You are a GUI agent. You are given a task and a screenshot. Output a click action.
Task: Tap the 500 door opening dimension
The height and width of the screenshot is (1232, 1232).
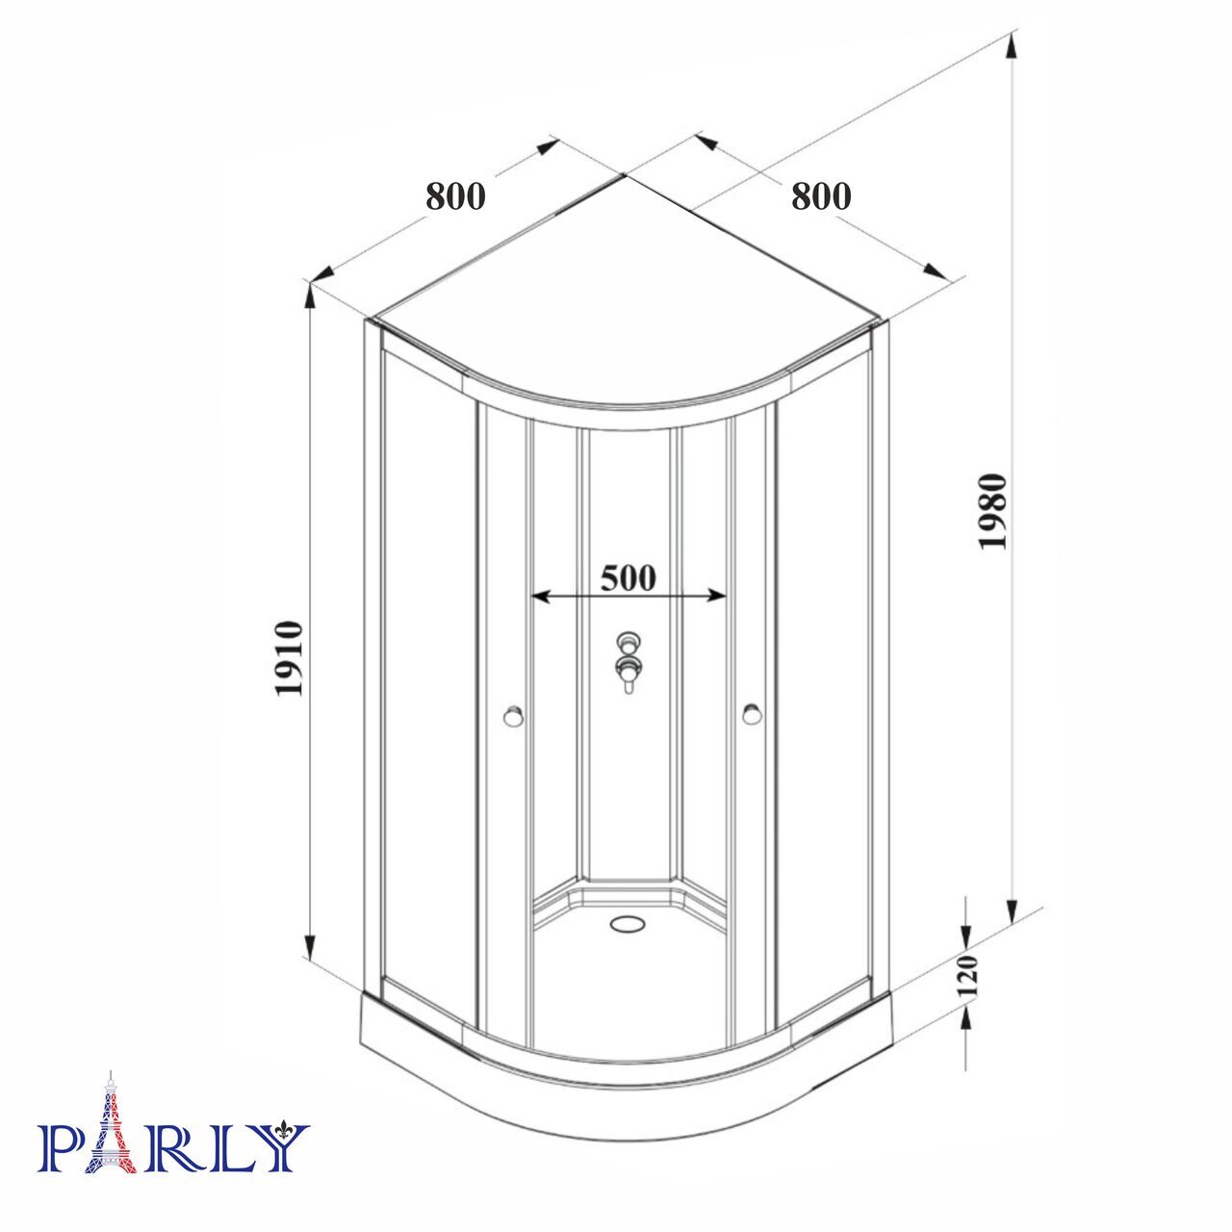pyautogui.click(x=628, y=577)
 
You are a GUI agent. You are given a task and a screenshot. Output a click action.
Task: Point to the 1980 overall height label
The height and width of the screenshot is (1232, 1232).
pyautogui.click(x=993, y=510)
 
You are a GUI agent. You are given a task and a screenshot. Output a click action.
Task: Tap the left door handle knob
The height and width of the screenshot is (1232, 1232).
pyautogui.click(x=513, y=715)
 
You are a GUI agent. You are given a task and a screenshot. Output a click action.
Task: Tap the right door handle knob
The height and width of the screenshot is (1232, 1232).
pyautogui.click(x=753, y=714)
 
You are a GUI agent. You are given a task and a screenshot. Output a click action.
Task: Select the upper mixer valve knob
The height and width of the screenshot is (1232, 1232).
pyautogui.click(x=628, y=640)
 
